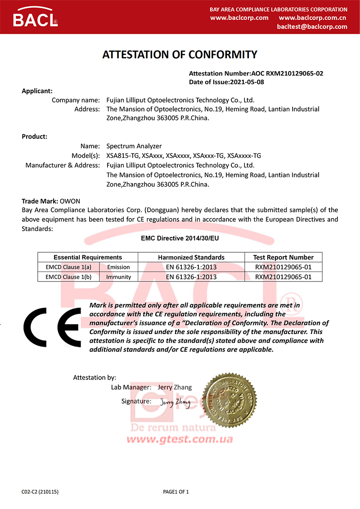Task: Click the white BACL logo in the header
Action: (35, 18)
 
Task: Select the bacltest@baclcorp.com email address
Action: (312, 27)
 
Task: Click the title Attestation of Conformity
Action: (180, 55)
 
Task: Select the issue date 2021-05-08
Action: (247, 82)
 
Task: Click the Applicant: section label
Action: (37, 91)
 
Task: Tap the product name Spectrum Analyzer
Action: (134, 146)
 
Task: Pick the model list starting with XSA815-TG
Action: (184, 156)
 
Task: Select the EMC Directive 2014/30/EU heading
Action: (180, 239)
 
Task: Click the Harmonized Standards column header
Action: (191, 258)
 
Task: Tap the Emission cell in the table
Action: (118, 267)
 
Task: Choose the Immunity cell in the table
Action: (118, 277)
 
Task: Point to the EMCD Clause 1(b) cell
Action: (68, 277)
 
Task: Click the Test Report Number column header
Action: (283, 258)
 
